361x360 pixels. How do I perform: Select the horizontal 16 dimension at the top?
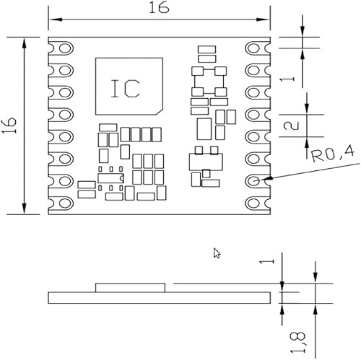(x=159, y=9)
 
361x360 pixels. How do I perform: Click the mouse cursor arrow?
(x=217, y=253)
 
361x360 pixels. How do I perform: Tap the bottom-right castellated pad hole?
(x=256, y=202)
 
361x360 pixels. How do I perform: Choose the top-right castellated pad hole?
(x=256, y=48)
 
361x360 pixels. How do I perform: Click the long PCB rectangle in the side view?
(x=159, y=297)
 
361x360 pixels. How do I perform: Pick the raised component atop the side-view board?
(x=132, y=287)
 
